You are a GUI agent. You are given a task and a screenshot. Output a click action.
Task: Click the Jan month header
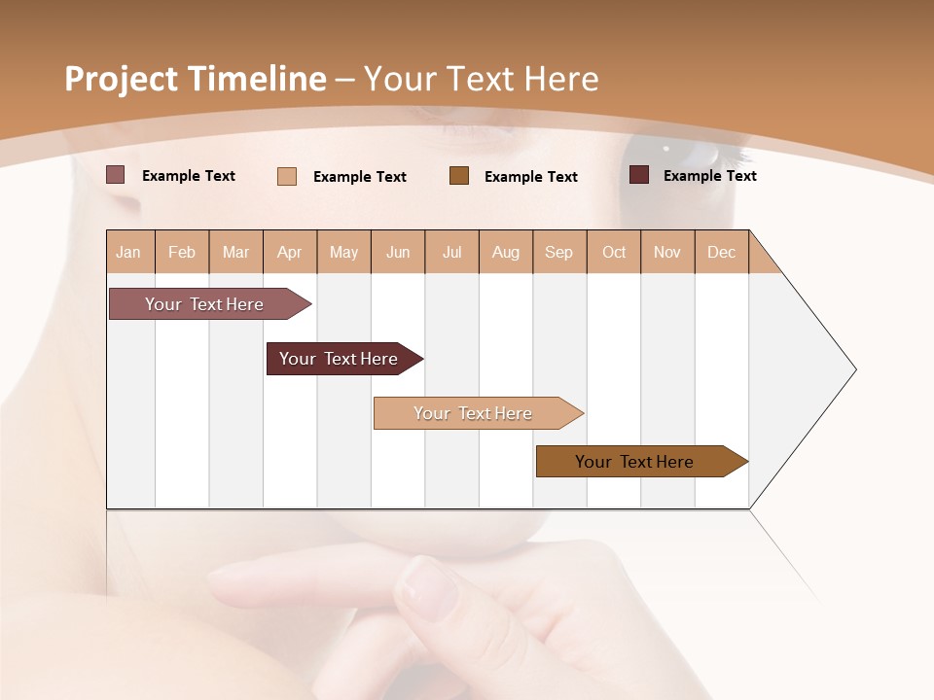click(129, 252)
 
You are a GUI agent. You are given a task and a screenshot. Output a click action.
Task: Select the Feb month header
click(182, 252)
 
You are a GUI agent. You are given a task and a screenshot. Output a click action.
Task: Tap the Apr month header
click(290, 252)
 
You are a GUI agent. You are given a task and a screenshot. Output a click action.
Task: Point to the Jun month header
click(398, 252)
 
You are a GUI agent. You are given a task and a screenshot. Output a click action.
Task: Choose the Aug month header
click(506, 252)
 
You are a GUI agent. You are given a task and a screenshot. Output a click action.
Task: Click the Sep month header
click(559, 252)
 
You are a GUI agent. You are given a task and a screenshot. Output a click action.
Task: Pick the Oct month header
click(614, 252)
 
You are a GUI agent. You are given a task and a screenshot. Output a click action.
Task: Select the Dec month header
click(722, 252)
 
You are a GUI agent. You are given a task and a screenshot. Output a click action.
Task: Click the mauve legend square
click(116, 175)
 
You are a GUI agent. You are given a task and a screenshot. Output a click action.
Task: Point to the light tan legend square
click(287, 176)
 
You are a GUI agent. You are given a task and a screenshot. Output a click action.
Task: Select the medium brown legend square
click(459, 175)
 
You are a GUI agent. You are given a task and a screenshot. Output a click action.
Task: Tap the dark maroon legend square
click(639, 175)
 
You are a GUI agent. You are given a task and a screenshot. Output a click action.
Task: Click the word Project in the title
click(122, 80)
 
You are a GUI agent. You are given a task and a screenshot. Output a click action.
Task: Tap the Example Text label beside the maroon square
click(709, 176)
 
